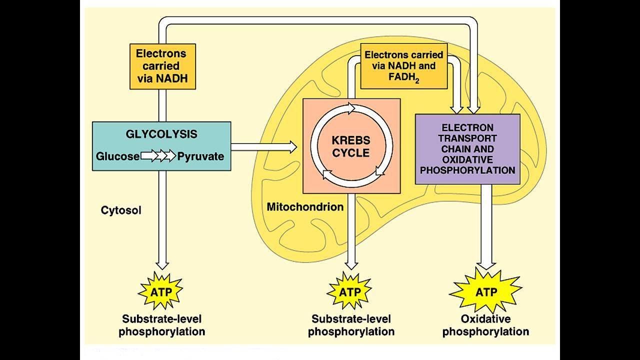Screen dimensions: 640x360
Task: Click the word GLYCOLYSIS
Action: pos(161,134)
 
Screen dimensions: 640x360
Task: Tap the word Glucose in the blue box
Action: pos(117,156)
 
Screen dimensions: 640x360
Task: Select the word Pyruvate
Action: pos(200,156)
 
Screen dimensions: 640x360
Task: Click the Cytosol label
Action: pos(121,210)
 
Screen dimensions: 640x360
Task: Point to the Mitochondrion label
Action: pos(305,207)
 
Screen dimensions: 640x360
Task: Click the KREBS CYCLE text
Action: pos(351,146)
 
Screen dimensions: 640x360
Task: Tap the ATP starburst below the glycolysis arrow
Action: pos(161,291)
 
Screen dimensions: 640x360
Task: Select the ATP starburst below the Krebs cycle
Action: pos(349,291)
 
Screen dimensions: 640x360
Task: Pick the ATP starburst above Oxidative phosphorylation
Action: pos(486,291)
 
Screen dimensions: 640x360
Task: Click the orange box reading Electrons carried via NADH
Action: pos(162,66)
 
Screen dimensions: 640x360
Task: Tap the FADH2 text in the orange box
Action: pos(403,78)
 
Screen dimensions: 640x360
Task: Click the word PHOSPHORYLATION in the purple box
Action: pos(467,170)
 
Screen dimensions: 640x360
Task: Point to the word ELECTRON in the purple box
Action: pos(467,127)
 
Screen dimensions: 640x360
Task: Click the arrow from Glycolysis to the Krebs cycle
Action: pos(263,147)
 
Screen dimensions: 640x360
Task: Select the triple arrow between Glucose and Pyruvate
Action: pos(158,156)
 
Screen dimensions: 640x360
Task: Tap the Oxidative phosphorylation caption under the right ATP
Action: pos(485,325)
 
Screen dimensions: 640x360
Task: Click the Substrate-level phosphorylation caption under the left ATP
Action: pos(161,325)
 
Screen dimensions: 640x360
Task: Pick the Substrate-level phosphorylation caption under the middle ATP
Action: pos(351,325)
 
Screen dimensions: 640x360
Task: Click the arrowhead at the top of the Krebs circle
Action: pos(351,108)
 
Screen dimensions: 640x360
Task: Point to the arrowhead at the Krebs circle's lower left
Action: pos(327,174)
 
